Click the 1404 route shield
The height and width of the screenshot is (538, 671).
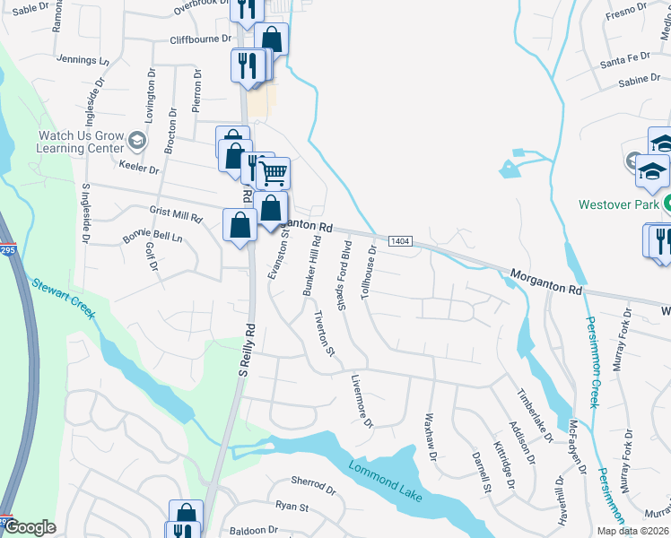point(401,241)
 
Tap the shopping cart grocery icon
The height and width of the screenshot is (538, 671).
point(273,171)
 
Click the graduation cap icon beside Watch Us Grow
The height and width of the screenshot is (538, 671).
point(137,140)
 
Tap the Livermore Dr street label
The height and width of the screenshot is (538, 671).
point(362,401)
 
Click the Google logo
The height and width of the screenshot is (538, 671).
point(30,527)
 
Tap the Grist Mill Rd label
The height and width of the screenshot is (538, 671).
point(176,216)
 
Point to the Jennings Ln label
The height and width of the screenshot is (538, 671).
point(82,60)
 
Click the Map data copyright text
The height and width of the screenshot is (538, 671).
point(632,531)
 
